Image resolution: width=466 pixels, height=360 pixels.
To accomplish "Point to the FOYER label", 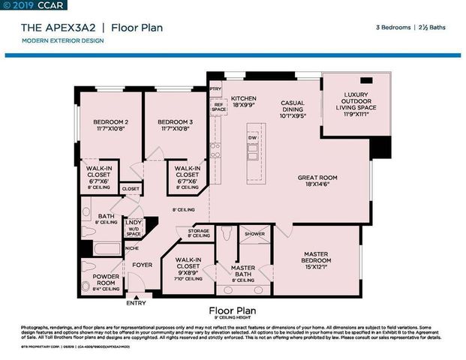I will (143, 265).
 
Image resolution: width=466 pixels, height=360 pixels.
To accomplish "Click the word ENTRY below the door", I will (137, 304).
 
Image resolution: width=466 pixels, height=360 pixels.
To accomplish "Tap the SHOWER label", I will (255, 233).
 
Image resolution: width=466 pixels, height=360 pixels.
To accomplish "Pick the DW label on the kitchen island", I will (253, 138).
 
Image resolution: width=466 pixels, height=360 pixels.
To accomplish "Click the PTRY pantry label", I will (216, 88).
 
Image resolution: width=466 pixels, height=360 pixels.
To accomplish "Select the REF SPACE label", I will (218, 107).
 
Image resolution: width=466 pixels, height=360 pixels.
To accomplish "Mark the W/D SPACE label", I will (134, 228).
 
